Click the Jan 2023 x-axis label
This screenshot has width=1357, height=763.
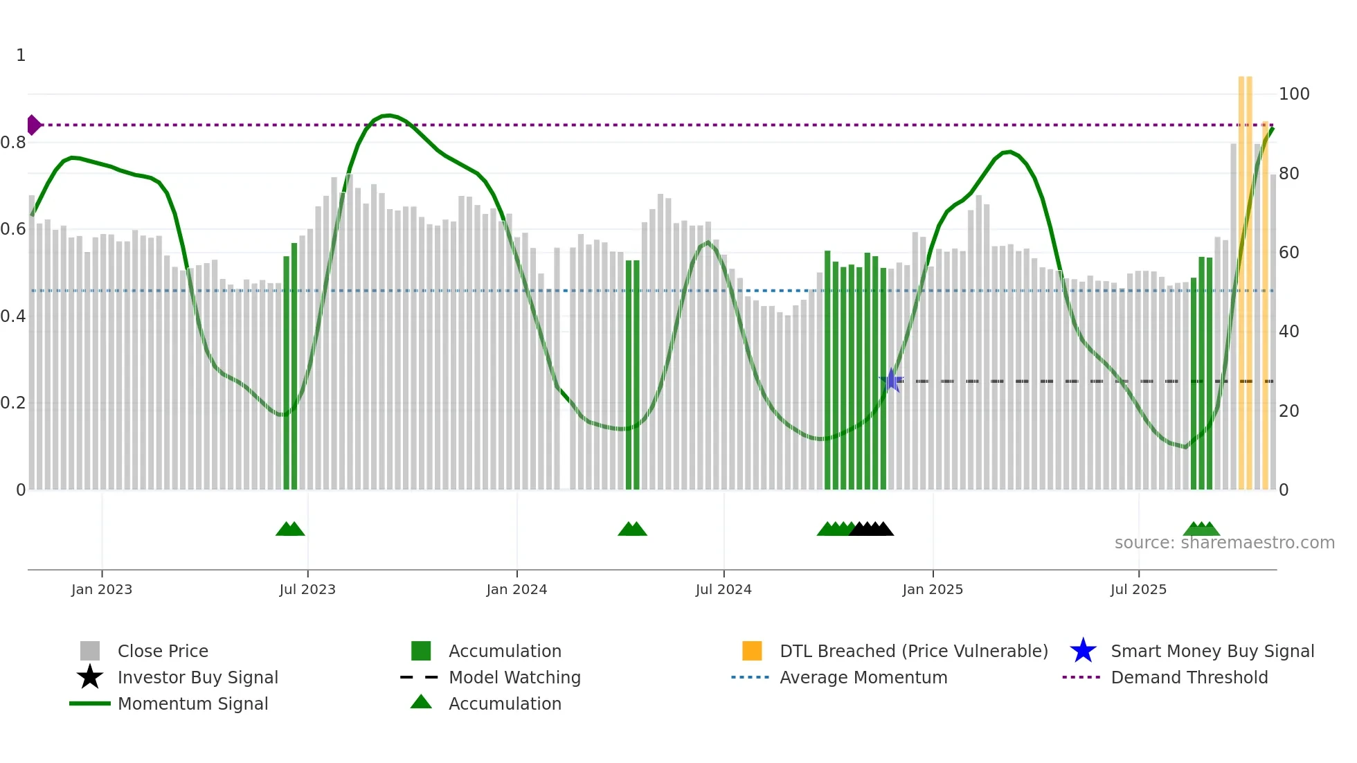click(x=102, y=589)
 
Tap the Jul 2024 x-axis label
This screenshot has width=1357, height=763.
click(x=724, y=589)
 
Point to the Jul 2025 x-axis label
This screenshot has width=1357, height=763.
click(x=1138, y=589)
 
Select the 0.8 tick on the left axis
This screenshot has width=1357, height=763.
click(x=13, y=143)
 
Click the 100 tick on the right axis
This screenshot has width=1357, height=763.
click(x=1294, y=94)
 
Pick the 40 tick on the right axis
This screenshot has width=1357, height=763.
click(x=1288, y=332)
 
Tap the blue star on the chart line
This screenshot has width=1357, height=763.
click(x=892, y=380)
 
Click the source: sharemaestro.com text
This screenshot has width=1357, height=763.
click(x=1224, y=543)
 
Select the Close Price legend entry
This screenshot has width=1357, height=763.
click(x=162, y=651)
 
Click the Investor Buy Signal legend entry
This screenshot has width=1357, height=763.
click(x=197, y=677)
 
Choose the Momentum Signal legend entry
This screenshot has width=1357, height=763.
click(x=192, y=703)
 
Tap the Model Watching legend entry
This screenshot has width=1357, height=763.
click(x=514, y=677)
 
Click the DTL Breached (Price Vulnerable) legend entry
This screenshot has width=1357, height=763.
click(x=913, y=651)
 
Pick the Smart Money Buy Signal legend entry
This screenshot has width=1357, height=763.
click(x=1212, y=651)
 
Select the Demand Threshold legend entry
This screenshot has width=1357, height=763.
click(x=1189, y=677)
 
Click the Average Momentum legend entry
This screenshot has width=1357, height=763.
click(x=863, y=677)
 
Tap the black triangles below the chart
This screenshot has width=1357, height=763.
click(x=872, y=529)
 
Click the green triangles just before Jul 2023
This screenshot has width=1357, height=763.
click(x=290, y=529)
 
